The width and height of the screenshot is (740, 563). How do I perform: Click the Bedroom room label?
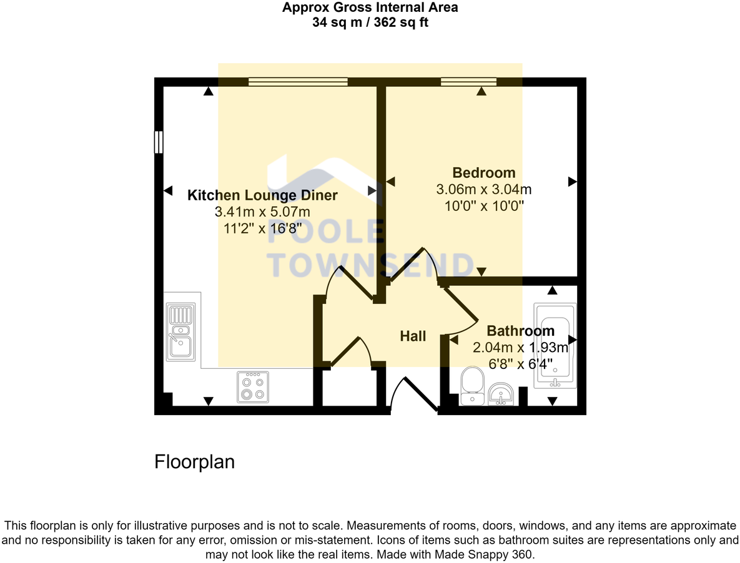(484, 173)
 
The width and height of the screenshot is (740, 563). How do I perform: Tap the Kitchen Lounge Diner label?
(262, 195)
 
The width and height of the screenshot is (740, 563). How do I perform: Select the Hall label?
(413, 336)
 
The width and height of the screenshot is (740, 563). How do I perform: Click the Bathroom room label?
(520, 331)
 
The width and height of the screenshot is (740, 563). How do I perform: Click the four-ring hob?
(253, 387)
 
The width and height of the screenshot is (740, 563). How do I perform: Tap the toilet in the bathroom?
(471, 385)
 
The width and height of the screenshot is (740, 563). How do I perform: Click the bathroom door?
(461, 310)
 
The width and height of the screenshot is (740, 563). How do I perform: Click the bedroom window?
(468, 81)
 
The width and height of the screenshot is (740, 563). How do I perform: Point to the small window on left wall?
(159, 142)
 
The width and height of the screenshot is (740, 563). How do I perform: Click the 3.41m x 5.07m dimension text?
(262, 212)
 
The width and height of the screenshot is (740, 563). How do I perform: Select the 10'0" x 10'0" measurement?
(484, 205)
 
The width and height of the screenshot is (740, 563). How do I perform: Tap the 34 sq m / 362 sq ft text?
(370, 22)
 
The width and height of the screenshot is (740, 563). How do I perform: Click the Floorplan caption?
(194, 462)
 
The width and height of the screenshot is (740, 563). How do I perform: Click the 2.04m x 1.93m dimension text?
(520, 348)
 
